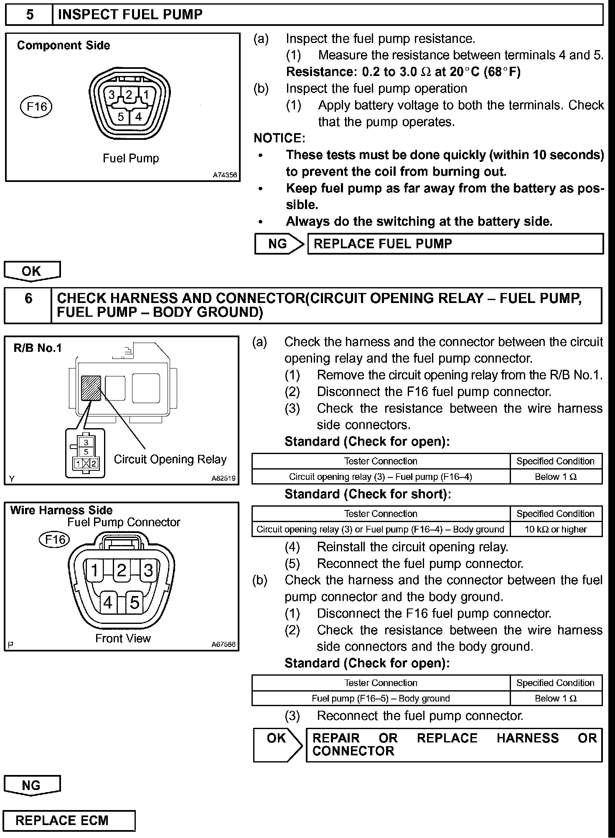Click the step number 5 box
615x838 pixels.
29,15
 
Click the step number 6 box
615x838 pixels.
28,305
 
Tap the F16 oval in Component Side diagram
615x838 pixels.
36,107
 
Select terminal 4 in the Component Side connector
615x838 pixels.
138,116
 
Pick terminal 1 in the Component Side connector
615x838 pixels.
146,95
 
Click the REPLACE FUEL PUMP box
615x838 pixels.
455,244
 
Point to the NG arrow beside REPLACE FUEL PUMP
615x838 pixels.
279,244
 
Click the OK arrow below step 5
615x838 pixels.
32,271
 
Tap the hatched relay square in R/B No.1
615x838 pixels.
91,388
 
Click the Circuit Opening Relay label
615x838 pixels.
170,459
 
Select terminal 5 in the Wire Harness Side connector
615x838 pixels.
135,603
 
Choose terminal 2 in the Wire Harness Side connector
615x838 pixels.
122,570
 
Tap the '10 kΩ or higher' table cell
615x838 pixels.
556,529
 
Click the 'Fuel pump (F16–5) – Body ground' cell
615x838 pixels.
381,698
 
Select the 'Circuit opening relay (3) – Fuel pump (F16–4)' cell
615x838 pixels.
381,477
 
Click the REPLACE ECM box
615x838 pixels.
69,820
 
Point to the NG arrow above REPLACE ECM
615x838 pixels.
32,785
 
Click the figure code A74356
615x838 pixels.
225,175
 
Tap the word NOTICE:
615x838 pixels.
280,138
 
